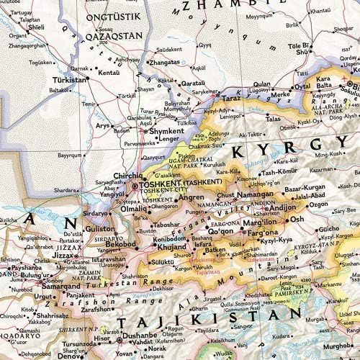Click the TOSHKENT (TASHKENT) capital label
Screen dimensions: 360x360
[x=175, y=184]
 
